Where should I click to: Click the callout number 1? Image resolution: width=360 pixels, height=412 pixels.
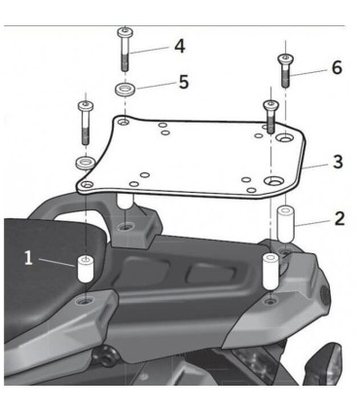(x=28, y=258)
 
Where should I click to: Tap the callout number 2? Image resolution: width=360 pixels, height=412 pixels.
(x=340, y=218)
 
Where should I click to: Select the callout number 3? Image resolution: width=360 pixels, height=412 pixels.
(x=338, y=162)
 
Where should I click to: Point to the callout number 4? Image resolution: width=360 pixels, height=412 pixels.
(x=179, y=46)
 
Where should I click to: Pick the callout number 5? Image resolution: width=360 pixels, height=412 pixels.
(x=184, y=82)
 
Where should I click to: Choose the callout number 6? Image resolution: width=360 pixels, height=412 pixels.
(x=337, y=67)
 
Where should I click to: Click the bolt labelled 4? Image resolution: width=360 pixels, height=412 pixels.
(x=126, y=49)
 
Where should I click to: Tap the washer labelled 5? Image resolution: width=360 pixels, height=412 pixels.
(x=125, y=90)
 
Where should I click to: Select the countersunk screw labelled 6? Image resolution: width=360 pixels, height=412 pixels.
(x=285, y=70)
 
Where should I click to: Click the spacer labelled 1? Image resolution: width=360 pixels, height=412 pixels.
(x=85, y=269)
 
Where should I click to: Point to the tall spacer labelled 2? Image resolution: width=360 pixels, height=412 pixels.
(x=285, y=223)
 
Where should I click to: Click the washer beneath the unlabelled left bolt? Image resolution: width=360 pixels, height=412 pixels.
(x=85, y=163)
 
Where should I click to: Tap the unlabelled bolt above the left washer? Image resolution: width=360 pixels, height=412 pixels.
(x=86, y=123)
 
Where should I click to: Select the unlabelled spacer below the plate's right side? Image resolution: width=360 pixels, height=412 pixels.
(x=270, y=272)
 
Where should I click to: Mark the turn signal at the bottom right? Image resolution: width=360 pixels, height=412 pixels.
(x=323, y=363)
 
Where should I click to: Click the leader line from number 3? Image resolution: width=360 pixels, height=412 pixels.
(x=317, y=167)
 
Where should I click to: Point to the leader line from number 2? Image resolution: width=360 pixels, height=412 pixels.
(x=314, y=223)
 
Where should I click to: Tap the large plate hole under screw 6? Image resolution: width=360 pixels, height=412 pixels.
(x=284, y=138)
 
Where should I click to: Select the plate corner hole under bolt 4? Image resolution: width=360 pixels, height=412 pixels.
(x=124, y=123)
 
